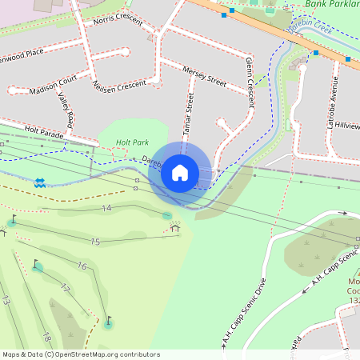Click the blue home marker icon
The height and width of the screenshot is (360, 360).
point(180,172)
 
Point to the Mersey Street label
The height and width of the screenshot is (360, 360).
point(205,74)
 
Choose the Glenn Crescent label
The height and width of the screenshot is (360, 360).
point(250,82)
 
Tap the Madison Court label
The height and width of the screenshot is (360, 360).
point(52,86)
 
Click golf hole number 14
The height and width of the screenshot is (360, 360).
point(106,208)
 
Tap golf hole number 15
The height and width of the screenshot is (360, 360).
point(95,242)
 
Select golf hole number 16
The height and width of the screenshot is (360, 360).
point(82,266)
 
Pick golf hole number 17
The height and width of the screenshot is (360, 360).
point(66,289)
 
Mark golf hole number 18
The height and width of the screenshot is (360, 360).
point(46,337)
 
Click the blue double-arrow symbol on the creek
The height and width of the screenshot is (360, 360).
point(39,183)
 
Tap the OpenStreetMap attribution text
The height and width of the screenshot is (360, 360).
point(81,354)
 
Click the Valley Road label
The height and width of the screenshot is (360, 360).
point(65,110)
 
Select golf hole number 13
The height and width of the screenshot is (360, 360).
point(6,301)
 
